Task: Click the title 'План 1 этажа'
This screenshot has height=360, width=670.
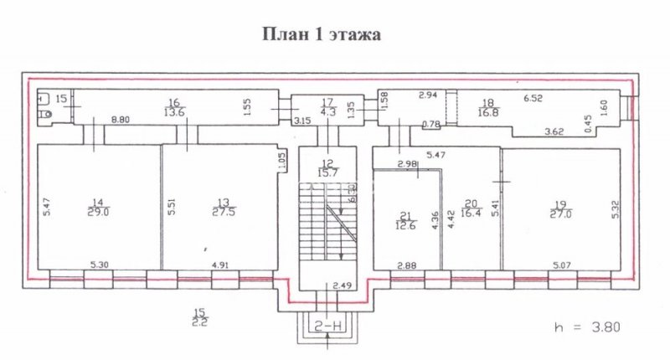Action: (322, 36)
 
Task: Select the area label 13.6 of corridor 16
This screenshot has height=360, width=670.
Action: (174, 111)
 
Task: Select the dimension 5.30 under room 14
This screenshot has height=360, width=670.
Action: (98, 265)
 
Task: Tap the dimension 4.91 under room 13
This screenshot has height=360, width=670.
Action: (221, 265)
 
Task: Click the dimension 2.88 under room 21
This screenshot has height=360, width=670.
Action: (407, 265)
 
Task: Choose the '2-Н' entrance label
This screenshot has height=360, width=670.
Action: (327, 321)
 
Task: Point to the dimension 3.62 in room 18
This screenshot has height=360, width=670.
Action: (556, 131)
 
